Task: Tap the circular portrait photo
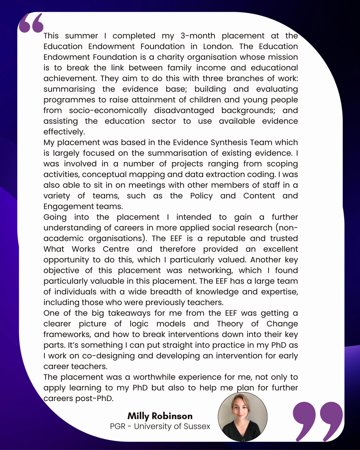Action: click(243, 416)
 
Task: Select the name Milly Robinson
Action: click(160, 416)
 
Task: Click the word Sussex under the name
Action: click(196, 426)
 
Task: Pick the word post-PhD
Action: click(96, 399)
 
